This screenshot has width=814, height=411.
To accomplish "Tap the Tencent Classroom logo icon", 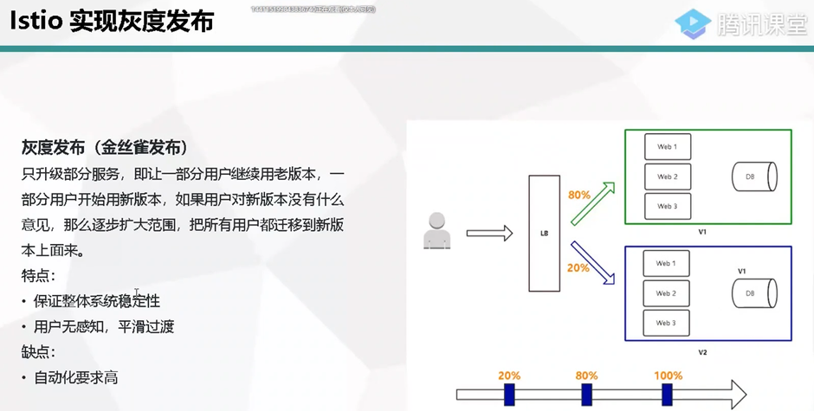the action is pyautogui.click(x=692, y=23).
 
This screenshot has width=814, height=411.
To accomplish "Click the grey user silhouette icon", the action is pyautogui.click(x=436, y=231).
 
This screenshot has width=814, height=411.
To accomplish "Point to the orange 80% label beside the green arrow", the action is pyautogui.click(x=578, y=195).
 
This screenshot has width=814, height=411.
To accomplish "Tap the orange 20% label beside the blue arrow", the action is pyautogui.click(x=578, y=267).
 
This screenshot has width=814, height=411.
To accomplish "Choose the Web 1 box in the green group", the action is pyautogui.click(x=667, y=146).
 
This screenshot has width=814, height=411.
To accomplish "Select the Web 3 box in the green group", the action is pyautogui.click(x=667, y=206).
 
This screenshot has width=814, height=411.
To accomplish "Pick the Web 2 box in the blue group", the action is pyautogui.click(x=666, y=293).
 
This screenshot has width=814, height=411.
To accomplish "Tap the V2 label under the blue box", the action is pyautogui.click(x=702, y=352).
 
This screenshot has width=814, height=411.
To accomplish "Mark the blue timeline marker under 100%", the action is pyautogui.click(x=667, y=395).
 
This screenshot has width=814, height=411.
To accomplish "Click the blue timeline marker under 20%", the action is pyautogui.click(x=509, y=395).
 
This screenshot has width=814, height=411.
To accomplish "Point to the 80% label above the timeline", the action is pyautogui.click(x=586, y=376).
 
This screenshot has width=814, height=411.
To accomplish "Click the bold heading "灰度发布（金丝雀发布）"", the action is pyautogui.click(x=105, y=145).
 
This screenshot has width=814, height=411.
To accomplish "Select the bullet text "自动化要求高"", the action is pyautogui.click(x=76, y=377).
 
